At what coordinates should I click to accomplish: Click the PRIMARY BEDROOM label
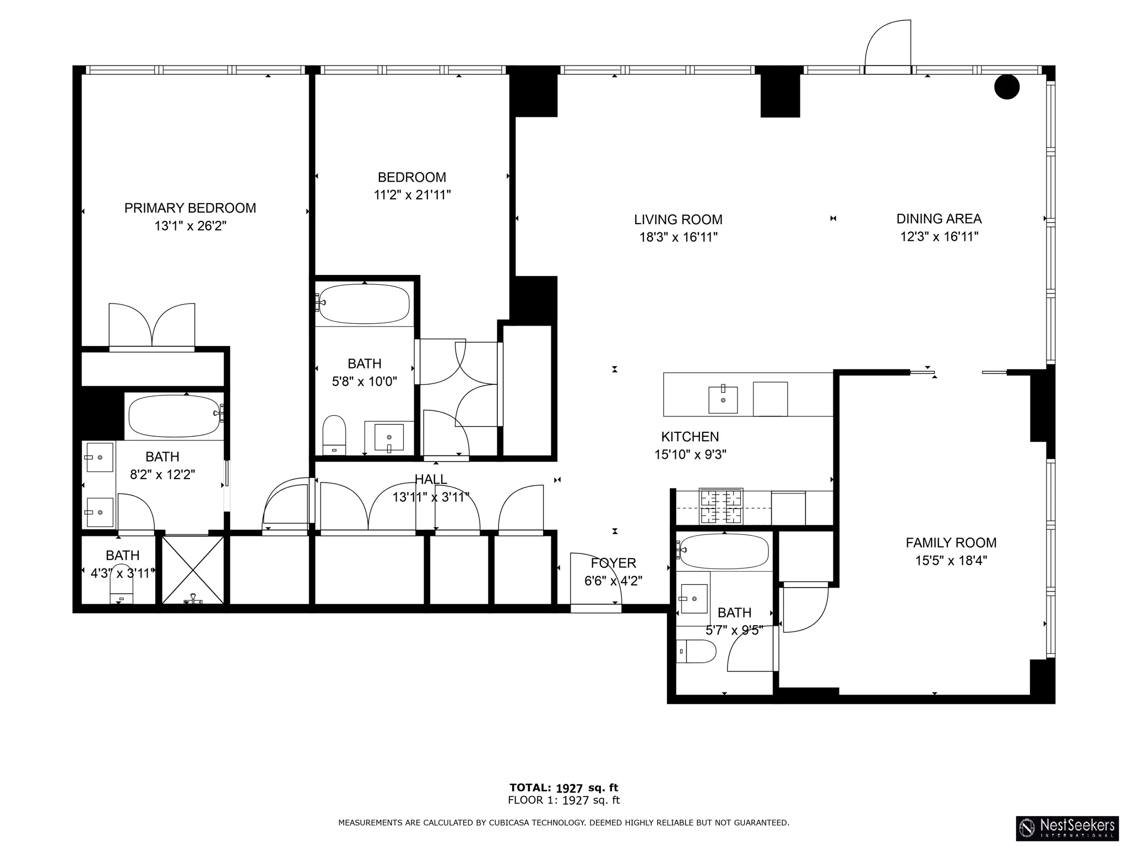coord(190,208)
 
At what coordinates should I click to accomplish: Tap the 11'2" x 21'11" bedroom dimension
coord(412,195)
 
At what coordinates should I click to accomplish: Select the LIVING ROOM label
coord(678,220)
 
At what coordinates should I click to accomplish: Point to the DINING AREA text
coord(939,219)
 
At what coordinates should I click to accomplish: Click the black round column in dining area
coord(1006,87)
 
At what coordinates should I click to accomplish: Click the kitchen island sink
coord(723,399)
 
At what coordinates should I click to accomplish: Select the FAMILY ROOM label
coord(951,543)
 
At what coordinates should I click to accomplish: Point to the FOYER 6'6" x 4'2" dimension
coord(613,581)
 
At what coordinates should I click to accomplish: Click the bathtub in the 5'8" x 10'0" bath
coord(364,303)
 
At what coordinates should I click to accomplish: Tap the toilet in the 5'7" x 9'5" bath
coord(696,651)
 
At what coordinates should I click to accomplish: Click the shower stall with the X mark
coord(193,570)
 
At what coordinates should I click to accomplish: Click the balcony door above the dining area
coord(887,47)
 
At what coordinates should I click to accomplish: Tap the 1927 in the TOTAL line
coord(569,788)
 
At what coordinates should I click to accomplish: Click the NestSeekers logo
coord(1067,827)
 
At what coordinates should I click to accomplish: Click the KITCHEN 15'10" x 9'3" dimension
coord(690,454)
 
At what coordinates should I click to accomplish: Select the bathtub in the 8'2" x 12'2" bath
coord(174,416)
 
